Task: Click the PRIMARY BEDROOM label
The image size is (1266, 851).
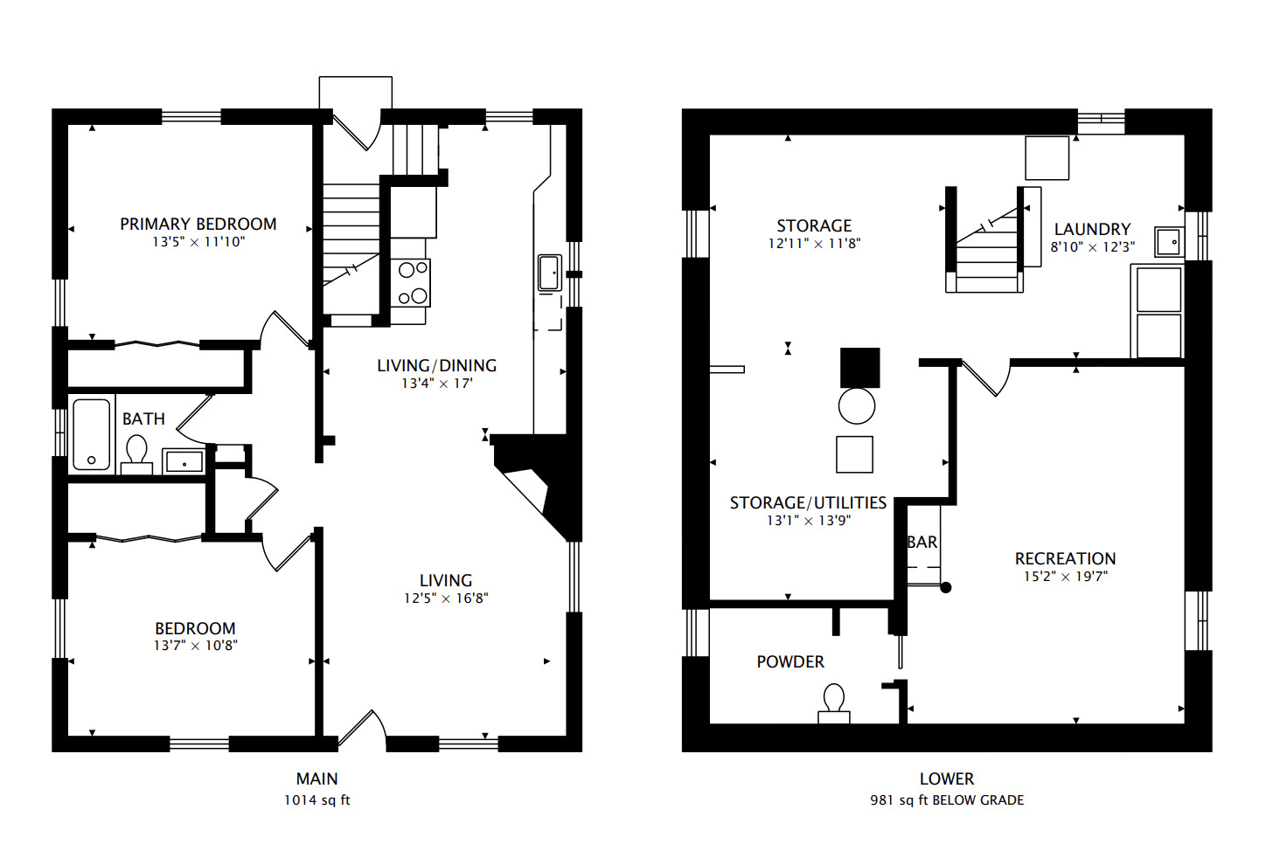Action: [x=198, y=225]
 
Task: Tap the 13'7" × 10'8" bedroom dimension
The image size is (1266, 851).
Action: [x=196, y=646]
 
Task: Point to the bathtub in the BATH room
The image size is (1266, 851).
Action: [x=91, y=434]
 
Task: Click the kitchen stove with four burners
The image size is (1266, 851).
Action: [x=411, y=283]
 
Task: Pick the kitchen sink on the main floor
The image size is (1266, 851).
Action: [x=549, y=273]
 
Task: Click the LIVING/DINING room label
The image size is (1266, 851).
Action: [x=437, y=366]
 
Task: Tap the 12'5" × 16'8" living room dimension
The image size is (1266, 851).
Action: [x=446, y=598]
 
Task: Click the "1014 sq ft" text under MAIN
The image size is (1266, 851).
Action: [x=317, y=800]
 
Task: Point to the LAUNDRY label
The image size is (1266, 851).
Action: [x=1093, y=229]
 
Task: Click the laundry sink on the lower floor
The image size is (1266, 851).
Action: [x=1169, y=242]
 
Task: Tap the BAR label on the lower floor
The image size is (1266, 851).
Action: [x=922, y=542]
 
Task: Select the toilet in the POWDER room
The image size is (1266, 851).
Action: [x=834, y=703]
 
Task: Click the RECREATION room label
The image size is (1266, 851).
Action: [x=1066, y=559]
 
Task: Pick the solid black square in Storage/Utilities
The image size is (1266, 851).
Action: [x=860, y=368]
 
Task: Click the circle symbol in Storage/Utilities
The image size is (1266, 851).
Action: [x=857, y=406]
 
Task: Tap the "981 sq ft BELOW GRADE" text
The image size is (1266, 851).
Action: [x=947, y=800]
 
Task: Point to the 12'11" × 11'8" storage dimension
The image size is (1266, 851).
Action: [x=814, y=244]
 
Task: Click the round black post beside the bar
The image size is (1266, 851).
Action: [x=945, y=588]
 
